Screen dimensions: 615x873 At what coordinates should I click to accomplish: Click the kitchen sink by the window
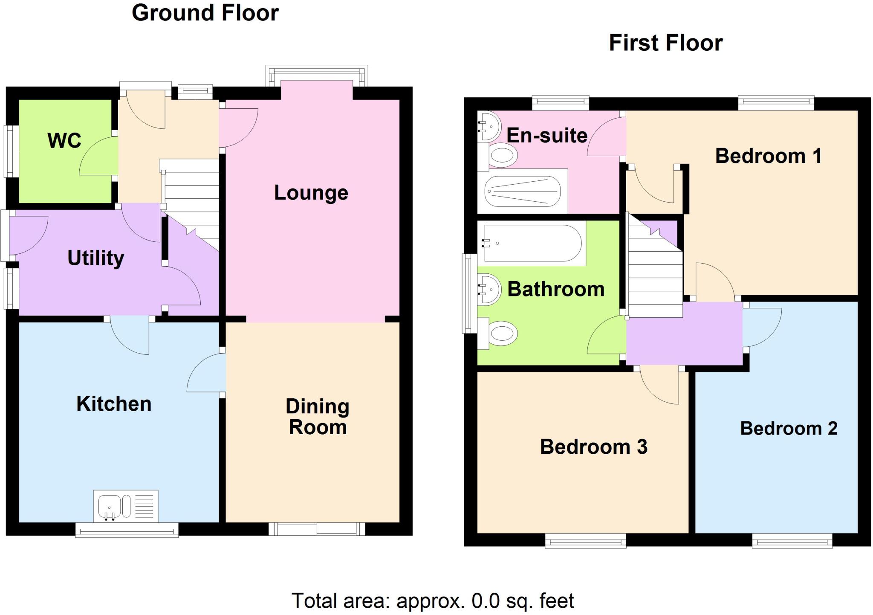click(125, 506)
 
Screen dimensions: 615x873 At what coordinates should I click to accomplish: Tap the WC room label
click(64, 141)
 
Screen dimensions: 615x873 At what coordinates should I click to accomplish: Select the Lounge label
click(311, 193)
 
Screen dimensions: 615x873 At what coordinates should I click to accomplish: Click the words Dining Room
click(318, 417)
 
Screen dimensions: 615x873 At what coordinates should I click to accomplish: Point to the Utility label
click(95, 258)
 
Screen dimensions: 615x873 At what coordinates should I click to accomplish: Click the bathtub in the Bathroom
click(531, 243)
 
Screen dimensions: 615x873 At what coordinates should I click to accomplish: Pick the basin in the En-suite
click(489, 126)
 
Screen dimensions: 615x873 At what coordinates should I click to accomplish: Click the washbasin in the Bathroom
click(489, 290)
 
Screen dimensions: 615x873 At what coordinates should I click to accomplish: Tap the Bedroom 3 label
click(593, 447)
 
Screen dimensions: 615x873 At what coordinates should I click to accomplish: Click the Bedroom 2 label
click(789, 429)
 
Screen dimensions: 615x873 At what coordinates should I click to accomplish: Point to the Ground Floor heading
click(205, 13)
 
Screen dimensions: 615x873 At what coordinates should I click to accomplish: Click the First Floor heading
click(665, 43)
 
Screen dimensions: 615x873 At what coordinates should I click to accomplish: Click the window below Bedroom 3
click(585, 542)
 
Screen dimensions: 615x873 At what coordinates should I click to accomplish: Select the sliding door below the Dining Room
click(317, 529)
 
